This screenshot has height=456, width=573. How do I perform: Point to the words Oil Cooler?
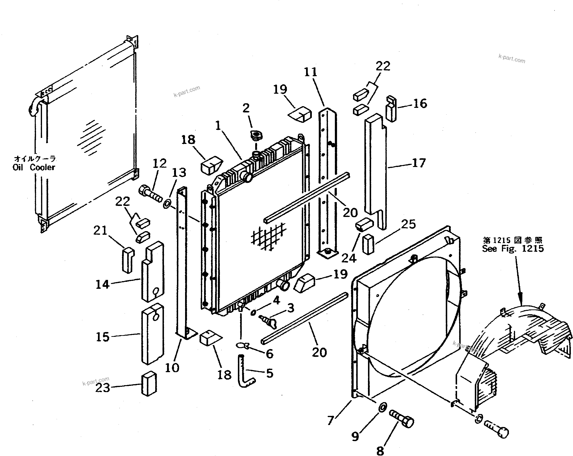click(34, 167)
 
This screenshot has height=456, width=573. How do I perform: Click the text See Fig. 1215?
click(513, 248)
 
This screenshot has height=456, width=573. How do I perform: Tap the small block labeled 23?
click(149, 383)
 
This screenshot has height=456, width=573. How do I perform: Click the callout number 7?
click(331, 421)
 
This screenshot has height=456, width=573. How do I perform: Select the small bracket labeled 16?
click(391, 109)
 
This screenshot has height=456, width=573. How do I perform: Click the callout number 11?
click(310, 72)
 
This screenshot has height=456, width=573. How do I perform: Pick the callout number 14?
click(102, 284)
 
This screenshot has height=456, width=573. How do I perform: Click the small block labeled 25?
click(368, 244)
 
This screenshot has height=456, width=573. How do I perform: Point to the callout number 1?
click(218, 126)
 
